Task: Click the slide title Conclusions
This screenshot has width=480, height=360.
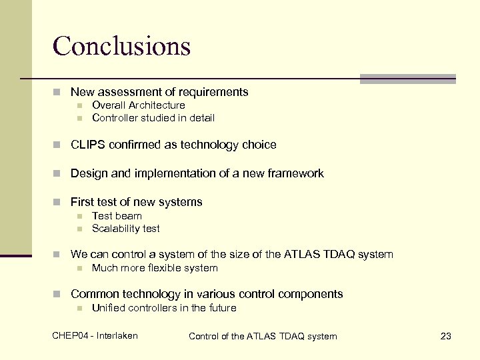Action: tap(121, 46)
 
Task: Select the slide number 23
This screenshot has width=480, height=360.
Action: tap(446, 336)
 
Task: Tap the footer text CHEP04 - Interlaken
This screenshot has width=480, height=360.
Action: tap(95, 335)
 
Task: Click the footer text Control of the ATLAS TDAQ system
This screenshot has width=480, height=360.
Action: tap(263, 336)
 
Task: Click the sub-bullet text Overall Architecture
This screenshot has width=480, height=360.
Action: tap(138, 105)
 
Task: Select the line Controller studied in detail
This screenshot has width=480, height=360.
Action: tap(153, 118)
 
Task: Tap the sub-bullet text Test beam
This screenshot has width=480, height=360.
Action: tap(117, 216)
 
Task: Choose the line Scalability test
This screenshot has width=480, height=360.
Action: tap(125, 229)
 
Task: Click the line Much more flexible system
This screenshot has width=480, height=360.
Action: tap(155, 268)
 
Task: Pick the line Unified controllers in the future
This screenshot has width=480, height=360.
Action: tap(163, 308)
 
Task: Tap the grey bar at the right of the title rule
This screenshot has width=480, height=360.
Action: tap(407, 79)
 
